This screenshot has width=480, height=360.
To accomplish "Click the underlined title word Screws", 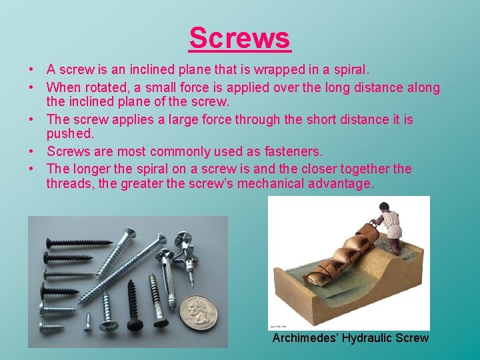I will click(x=240, y=38).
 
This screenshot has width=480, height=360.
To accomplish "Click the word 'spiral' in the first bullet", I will click(x=351, y=69).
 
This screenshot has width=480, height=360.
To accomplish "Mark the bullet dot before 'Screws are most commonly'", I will click(x=32, y=152).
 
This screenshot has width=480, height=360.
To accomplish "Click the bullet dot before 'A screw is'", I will click(x=32, y=70).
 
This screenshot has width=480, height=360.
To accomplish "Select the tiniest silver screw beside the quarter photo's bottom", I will click(x=87, y=323).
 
